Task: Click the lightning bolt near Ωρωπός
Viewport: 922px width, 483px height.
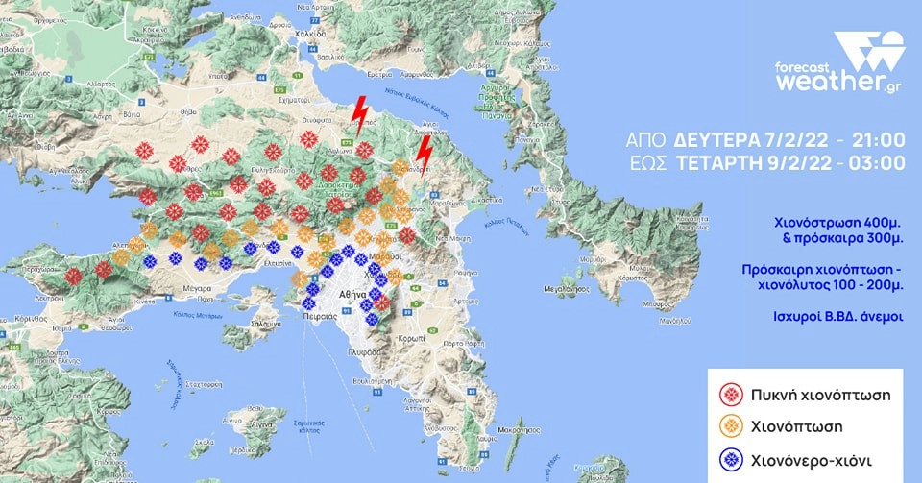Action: click(x=360, y=111)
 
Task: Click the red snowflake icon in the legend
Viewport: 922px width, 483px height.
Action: click(x=732, y=393)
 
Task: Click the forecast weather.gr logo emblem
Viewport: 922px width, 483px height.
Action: click(x=868, y=51)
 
